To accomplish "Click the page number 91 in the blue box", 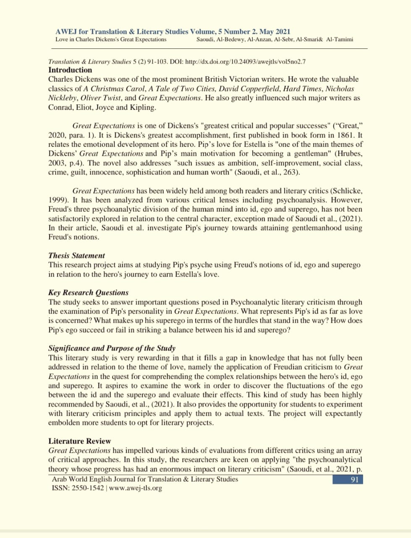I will pos(354,480).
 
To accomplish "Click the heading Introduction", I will pos(70,70).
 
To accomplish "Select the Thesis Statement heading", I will pos(76,256).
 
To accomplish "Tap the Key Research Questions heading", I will pos(88,293).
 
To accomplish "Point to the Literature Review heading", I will pos(79,441).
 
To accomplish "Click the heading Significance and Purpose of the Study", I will pos(112,348).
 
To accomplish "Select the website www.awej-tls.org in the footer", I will pos(135,488).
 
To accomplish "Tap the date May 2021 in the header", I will pos(275,32).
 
